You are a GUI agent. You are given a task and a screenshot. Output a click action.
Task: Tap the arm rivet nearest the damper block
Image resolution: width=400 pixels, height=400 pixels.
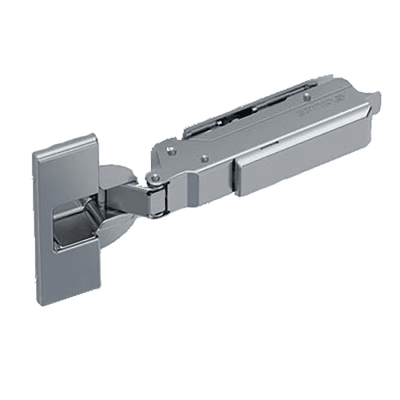pos(204,158)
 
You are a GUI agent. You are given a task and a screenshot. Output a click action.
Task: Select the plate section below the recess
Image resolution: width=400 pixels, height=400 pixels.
pos(70,275)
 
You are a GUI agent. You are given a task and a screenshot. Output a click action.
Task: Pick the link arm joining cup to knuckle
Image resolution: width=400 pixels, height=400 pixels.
pos(127,197)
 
